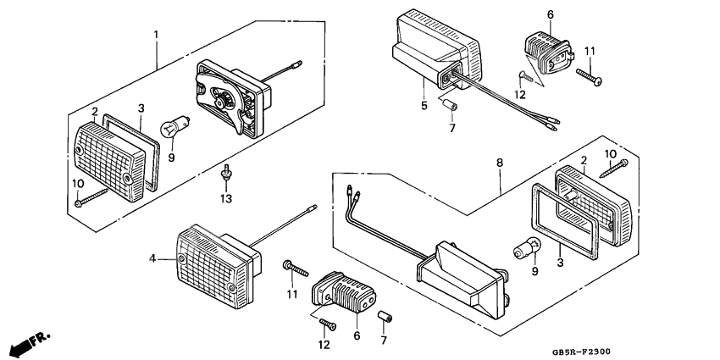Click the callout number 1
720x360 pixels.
tap(156, 35)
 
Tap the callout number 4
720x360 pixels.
tap(153, 258)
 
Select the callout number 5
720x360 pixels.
tap(423, 107)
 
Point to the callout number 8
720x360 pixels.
tap(500, 161)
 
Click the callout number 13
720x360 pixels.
tap(224, 199)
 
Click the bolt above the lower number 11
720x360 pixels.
tap(297, 269)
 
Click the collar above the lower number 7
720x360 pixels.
tap(386, 318)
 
